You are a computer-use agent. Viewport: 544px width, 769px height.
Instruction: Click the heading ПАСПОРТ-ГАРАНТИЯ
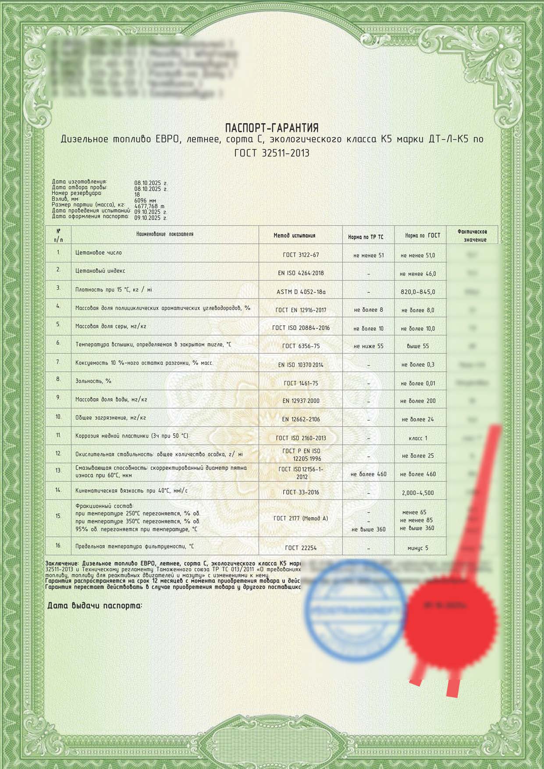[272, 128]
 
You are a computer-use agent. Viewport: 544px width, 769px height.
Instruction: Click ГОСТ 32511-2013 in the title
[272, 153]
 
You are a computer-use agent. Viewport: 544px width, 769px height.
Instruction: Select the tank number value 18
[137, 195]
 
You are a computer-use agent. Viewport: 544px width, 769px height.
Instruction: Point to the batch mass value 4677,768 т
[149, 206]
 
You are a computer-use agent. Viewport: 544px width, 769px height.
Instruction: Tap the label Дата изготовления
[79, 182]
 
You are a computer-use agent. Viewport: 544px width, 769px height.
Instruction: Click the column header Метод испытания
[294, 236]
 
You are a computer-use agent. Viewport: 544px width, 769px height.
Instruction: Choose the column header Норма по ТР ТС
[366, 237]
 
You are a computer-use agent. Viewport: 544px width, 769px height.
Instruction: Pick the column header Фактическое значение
[472, 235]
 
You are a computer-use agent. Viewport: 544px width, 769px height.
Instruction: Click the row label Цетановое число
[99, 253]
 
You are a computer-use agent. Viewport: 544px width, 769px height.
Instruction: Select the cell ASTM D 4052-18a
[301, 292]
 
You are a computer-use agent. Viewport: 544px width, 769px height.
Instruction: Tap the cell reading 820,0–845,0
[418, 292]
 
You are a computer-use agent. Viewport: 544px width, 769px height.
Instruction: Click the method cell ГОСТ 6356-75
[301, 346]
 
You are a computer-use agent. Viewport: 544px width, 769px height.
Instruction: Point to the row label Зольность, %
[93, 381]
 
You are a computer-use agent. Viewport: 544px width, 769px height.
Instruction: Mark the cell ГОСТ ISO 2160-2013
[301, 438]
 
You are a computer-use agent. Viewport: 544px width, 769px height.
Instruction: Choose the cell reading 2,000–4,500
[418, 493]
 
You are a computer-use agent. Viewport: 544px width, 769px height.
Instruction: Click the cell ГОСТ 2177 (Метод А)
[301, 518]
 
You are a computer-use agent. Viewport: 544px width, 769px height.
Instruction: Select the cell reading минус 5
[418, 548]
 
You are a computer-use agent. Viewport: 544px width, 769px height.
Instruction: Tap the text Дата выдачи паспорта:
[95, 606]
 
